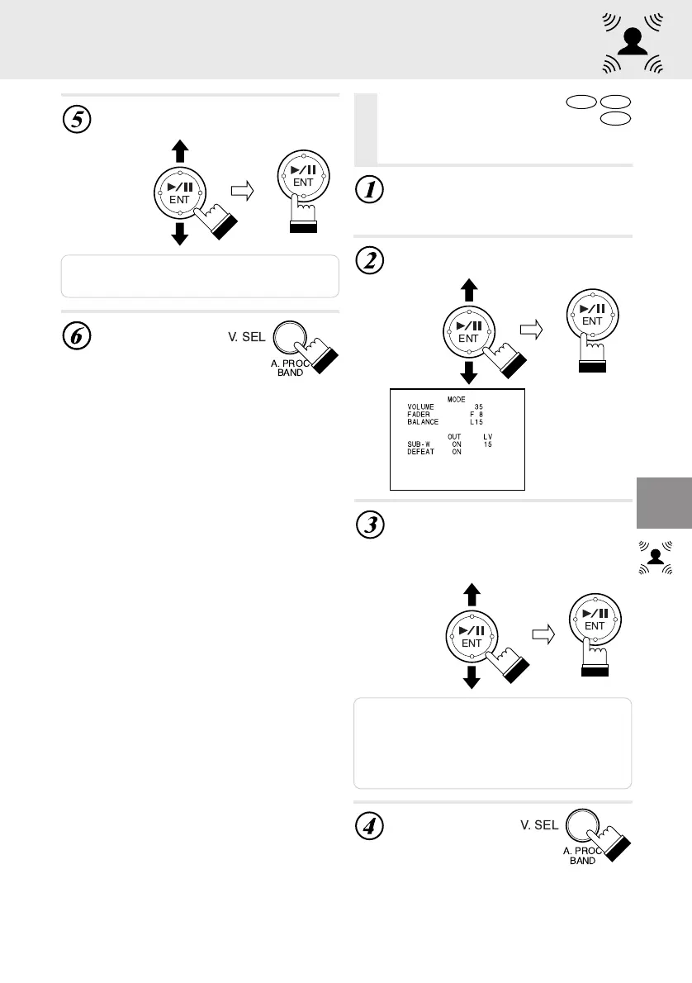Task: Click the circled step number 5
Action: click(x=77, y=119)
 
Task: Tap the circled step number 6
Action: click(x=77, y=335)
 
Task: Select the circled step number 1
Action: click(x=370, y=189)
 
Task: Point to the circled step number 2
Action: click(x=370, y=260)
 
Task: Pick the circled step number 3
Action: click(x=370, y=525)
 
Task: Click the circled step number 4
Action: click(x=370, y=826)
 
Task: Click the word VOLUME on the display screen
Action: click(x=420, y=407)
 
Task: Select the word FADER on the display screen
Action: click(x=419, y=415)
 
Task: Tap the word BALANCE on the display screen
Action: click(x=423, y=422)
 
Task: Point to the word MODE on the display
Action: click(x=457, y=399)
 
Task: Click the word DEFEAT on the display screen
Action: click(x=420, y=451)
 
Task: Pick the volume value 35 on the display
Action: click(x=479, y=407)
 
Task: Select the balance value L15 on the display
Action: click(x=476, y=422)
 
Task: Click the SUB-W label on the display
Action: click(x=419, y=444)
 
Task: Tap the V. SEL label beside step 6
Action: click(x=247, y=337)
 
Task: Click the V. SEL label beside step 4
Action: click(x=539, y=825)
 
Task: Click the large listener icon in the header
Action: click(x=633, y=43)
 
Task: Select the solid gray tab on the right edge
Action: click(x=665, y=503)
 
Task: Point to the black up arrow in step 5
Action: click(x=180, y=151)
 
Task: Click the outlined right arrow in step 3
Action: click(x=543, y=634)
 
